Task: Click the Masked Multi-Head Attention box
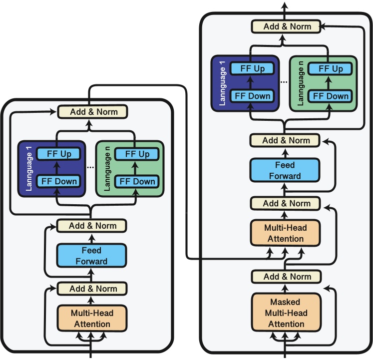(285, 313)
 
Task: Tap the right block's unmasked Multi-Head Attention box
(285, 233)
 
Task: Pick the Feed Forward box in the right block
(285, 170)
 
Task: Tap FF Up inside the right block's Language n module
(331, 69)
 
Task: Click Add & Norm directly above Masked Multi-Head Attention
(287, 277)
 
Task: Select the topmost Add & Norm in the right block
(287, 26)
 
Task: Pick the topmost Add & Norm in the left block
(93, 111)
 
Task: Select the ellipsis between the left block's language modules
(90, 167)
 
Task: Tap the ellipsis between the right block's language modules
(284, 82)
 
